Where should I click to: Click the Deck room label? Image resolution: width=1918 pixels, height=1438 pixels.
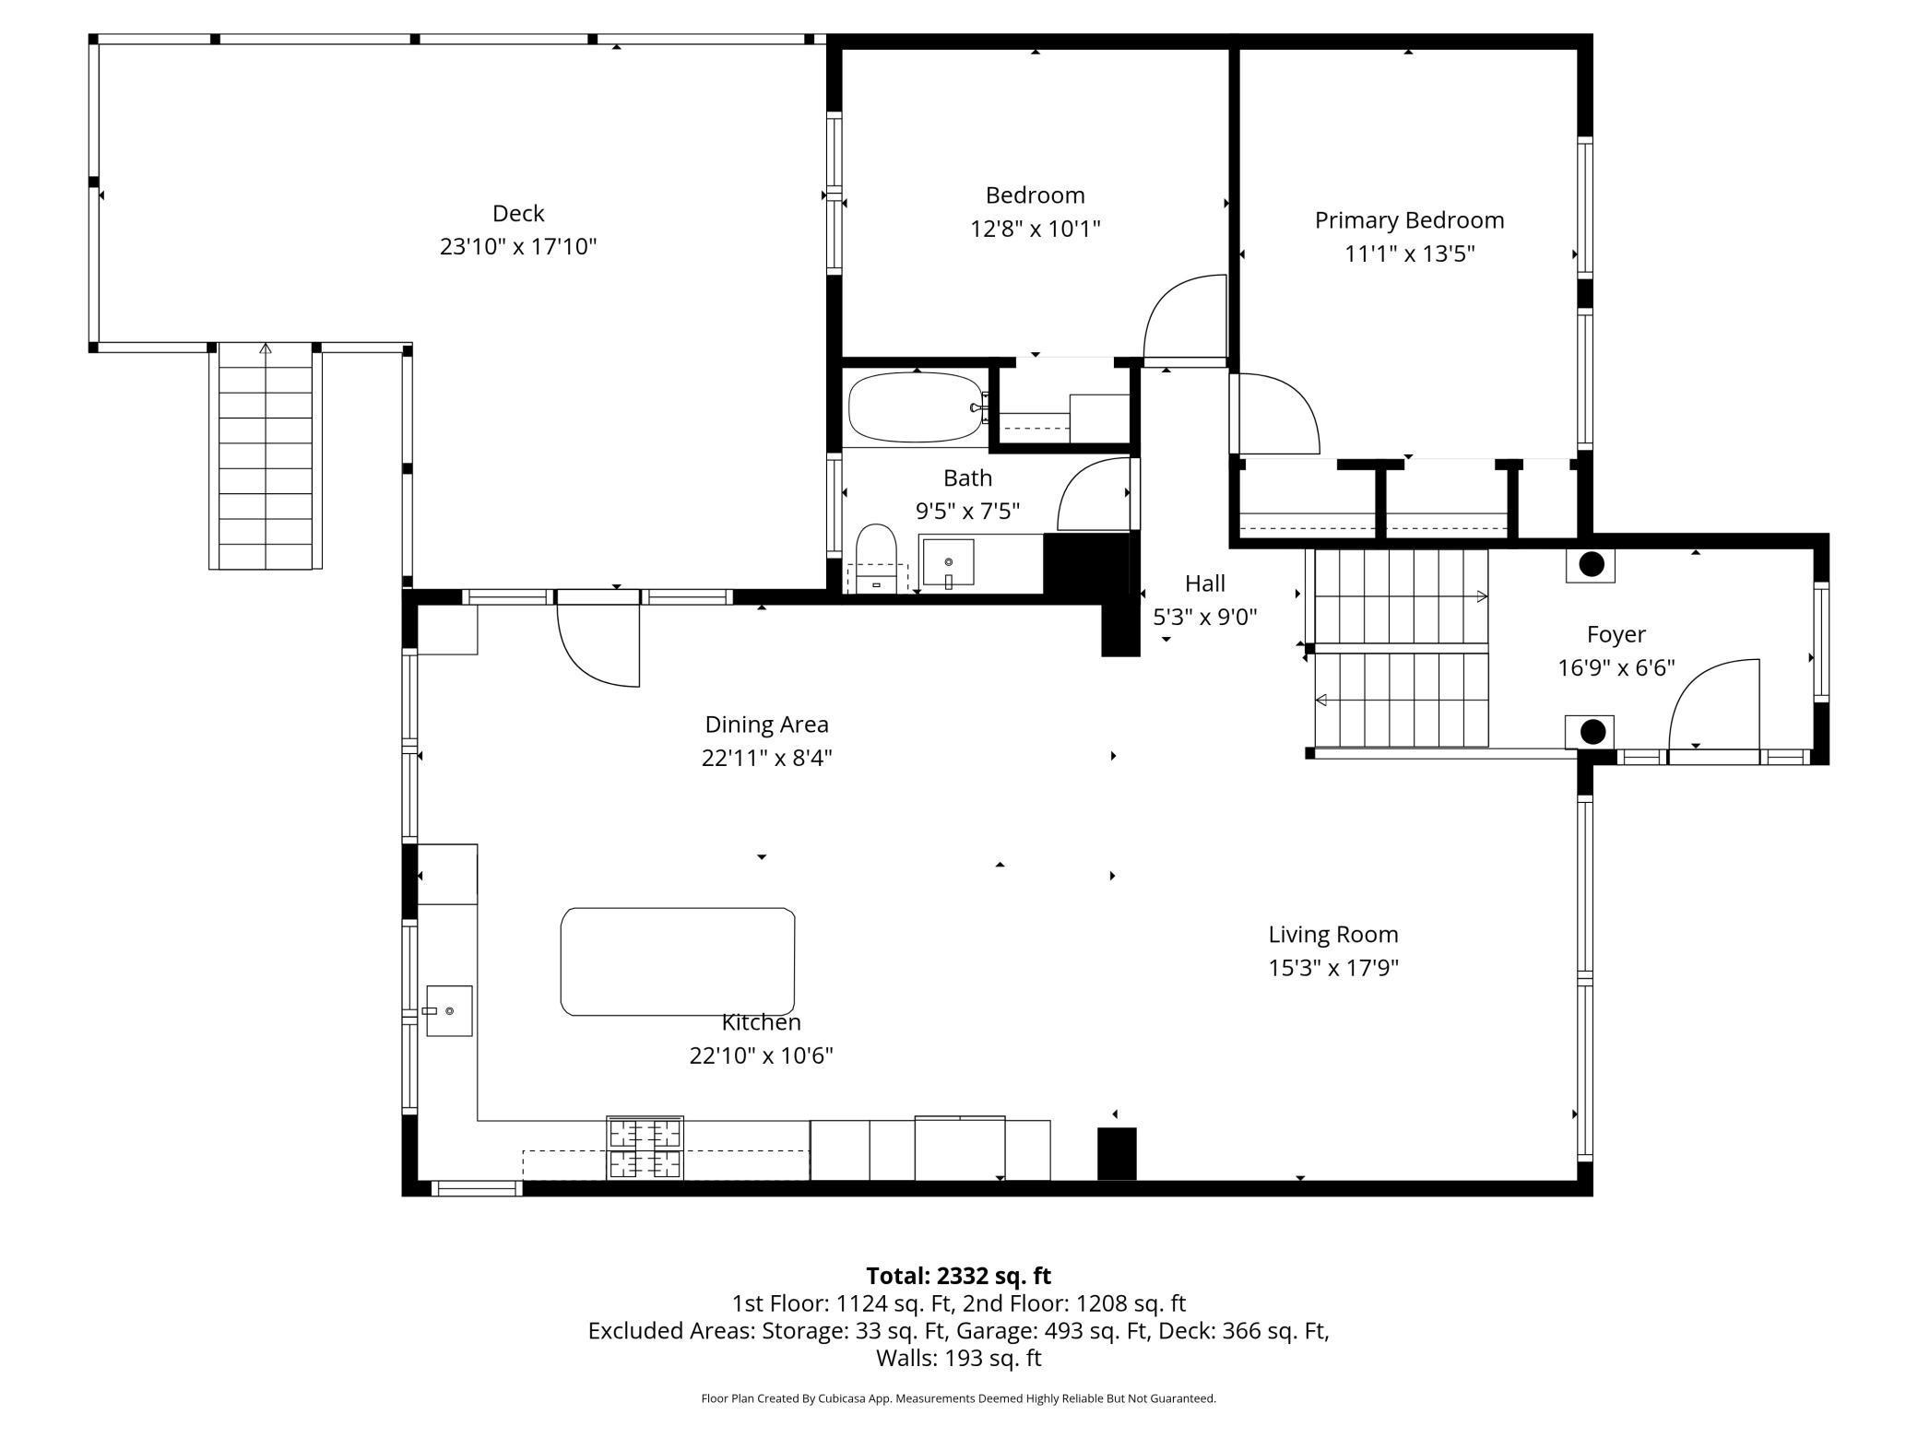[x=518, y=214]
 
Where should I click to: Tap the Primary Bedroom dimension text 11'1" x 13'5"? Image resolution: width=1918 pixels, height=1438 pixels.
[x=1409, y=253]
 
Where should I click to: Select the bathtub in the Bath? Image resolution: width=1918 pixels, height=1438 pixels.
[x=916, y=407]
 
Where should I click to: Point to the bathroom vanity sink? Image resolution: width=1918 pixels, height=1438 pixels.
[x=948, y=562]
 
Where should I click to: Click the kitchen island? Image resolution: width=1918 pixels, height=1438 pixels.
[x=678, y=961]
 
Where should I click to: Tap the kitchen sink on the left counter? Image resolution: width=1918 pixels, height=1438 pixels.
[x=449, y=1011]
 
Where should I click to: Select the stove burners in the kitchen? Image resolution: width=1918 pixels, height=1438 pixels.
[x=645, y=1148]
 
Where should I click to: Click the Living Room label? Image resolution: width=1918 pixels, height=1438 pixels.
[x=1333, y=935]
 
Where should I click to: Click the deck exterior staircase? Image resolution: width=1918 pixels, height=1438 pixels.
[x=266, y=456]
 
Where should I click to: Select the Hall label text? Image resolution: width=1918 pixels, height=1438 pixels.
[x=1205, y=583]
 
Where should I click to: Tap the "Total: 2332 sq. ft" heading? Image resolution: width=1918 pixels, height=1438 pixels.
[x=959, y=1276]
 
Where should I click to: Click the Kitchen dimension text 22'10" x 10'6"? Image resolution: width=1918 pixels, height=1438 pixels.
[x=762, y=1055]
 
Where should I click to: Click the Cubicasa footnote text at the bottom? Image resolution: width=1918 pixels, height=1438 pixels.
[x=959, y=1398]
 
